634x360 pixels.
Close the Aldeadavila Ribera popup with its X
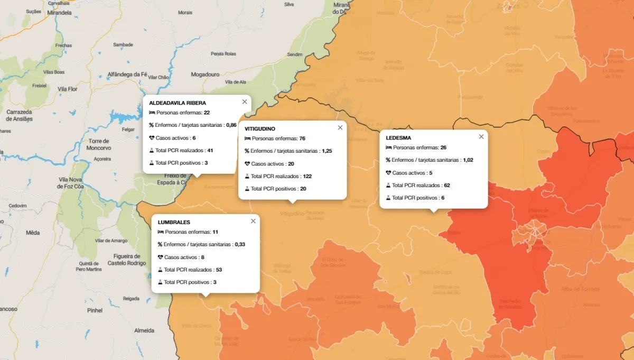245,101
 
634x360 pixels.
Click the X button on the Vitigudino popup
340,127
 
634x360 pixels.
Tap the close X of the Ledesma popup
481,136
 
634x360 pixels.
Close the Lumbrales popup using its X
253,221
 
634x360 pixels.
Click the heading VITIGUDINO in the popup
260,129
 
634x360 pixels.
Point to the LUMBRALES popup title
174,223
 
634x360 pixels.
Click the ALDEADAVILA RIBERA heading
178,103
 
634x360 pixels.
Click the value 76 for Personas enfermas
302,139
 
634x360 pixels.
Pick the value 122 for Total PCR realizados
307,176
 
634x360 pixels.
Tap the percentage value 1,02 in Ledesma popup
468,160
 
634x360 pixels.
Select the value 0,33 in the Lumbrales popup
240,245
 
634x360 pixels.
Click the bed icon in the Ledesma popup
388,147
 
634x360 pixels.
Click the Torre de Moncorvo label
99,144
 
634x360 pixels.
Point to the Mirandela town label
59,13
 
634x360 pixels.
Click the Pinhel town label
95,310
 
